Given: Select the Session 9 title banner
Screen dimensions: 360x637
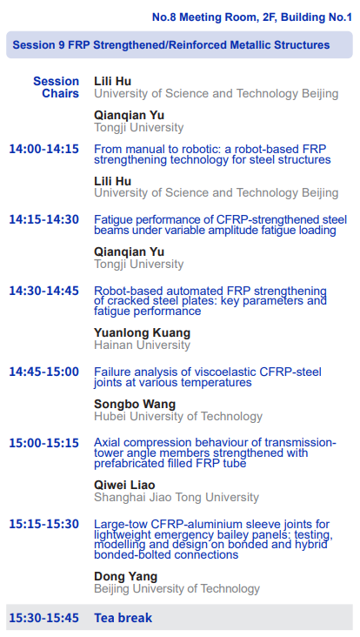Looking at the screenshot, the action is pyautogui.click(x=179, y=44).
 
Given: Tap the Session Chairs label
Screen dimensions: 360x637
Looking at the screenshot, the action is pyautogui.click(x=56, y=87).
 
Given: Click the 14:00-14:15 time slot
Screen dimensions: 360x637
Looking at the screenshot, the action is pyautogui.click(x=43, y=149).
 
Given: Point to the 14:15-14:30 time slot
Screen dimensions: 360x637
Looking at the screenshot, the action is pyautogui.click(x=43, y=220).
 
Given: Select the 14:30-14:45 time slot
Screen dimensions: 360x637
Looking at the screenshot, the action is pyautogui.click(x=43, y=291).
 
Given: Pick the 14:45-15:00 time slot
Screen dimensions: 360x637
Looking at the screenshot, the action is pyautogui.click(x=43, y=372).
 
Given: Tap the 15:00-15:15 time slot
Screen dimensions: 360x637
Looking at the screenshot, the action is pyautogui.click(x=43, y=443).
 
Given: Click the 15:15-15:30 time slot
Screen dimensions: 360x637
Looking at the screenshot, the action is pyautogui.click(x=43, y=524).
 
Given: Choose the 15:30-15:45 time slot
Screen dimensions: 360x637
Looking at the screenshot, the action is pyautogui.click(x=43, y=618).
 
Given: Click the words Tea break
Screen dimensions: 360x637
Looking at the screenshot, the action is pyautogui.click(x=123, y=618).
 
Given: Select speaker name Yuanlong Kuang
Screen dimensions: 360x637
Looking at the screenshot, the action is pyautogui.click(x=142, y=332).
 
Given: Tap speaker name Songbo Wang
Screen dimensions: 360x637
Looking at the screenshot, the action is pyautogui.click(x=135, y=405).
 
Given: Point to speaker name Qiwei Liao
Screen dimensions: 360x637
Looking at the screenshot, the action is pyautogui.click(x=124, y=485).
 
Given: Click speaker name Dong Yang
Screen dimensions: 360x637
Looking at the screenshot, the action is pyautogui.click(x=126, y=576).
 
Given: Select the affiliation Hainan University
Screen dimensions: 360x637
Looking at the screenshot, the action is pyautogui.click(x=142, y=345).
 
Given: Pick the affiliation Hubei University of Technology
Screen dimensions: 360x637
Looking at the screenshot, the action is pyautogui.click(x=178, y=417).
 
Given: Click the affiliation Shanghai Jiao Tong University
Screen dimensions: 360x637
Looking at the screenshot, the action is pyautogui.click(x=177, y=497).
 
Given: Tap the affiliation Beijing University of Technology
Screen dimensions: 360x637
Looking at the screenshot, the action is pyautogui.click(x=177, y=588).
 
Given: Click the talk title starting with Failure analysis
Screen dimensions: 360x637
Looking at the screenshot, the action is pyautogui.click(x=208, y=377).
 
